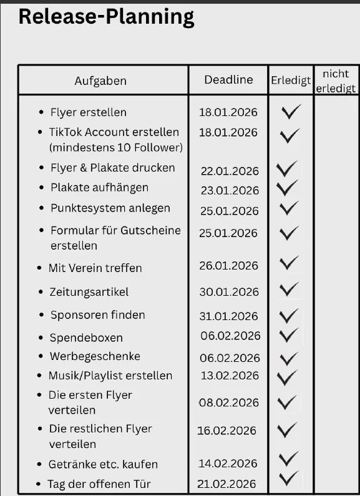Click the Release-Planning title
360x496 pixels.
pyautogui.click(x=106, y=17)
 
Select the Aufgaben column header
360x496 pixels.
pyautogui.click(x=100, y=81)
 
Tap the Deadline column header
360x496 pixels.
pyautogui.click(x=228, y=80)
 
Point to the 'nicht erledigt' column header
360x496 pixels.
pyautogui.click(x=336, y=81)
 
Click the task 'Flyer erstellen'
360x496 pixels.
pyautogui.click(x=88, y=112)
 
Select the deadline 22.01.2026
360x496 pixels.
pyautogui.click(x=229, y=171)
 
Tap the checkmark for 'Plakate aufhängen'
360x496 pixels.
pyautogui.click(x=288, y=188)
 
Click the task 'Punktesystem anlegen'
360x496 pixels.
pyautogui.click(x=110, y=208)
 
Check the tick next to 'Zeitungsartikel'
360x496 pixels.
pyautogui.click(x=289, y=289)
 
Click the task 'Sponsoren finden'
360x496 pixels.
pyautogui.click(x=97, y=315)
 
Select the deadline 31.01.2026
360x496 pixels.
pyautogui.click(x=229, y=316)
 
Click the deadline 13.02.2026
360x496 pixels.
pyautogui.click(x=229, y=376)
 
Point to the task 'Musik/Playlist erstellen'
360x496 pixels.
pyautogui.click(x=110, y=376)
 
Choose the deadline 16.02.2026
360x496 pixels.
pyautogui.click(x=227, y=430)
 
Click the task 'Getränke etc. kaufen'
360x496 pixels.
pyautogui.click(x=103, y=464)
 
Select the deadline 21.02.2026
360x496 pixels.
pyautogui.click(x=227, y=484)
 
